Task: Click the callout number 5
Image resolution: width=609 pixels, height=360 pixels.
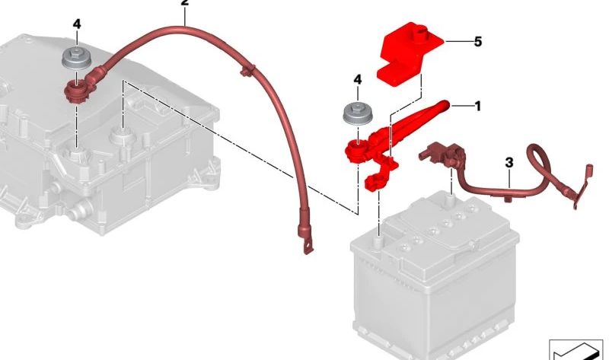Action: pos(477,42)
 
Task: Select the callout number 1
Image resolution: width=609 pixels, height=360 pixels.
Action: pos(477,107)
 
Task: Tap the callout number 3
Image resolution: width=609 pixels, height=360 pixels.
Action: pos(509,162)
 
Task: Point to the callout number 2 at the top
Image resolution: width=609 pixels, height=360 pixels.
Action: pos(183,3)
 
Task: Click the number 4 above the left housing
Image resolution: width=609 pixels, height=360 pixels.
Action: pos(76,24)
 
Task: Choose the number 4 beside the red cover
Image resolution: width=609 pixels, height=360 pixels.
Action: pos(357,78)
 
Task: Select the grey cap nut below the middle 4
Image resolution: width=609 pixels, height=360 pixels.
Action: pos(355,113)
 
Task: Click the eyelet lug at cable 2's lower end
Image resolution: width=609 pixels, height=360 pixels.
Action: pos(306,246)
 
